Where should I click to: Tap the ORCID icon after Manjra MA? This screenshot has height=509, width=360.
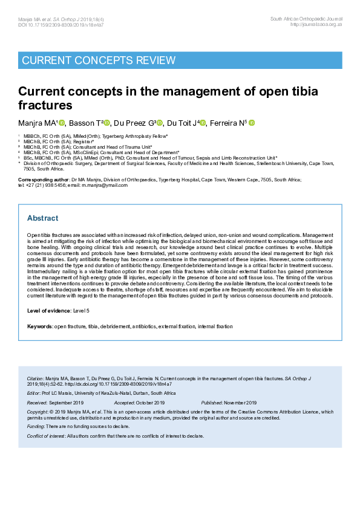[x=62, y=123]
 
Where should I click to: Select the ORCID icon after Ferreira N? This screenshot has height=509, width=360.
[x=252, y=123]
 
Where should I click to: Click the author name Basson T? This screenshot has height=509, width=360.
[x=85, y=123]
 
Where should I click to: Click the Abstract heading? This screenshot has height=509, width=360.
[x=42, y=218]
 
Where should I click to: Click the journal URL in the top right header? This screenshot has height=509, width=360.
[x=316, y=25]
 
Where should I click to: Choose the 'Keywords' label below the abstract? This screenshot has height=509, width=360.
[x=39, y=326]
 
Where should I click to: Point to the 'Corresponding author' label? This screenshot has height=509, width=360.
[x=43, y=180]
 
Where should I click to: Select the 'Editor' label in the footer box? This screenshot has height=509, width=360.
[x=34, y=393]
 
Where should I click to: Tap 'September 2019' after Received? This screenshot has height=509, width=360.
[x=66, y=403]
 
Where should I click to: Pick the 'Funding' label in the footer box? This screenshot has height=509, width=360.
[x=36, y=426]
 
